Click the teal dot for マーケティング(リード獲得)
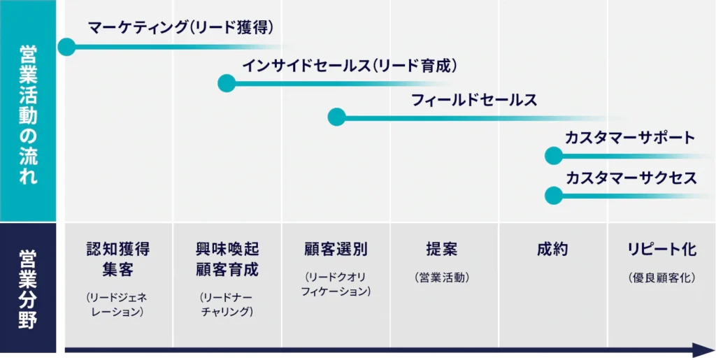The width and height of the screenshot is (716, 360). tap(66, 47)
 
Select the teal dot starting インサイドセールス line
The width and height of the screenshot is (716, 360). tap(227, 83)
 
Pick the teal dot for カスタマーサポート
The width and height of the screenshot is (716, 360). tap(554, 156)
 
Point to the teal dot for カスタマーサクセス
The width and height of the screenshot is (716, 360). tap(554, 196)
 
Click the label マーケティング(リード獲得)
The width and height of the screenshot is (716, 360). tap(181, 28)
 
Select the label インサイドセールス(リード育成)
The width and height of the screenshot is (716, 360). tap(350, 66)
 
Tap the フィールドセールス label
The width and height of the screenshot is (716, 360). tap(474, 101)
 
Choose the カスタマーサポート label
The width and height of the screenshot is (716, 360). tap(630, 137)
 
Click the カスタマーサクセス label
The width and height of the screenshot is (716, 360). tap(631, 178)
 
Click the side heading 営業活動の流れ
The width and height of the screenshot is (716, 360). tap(28, 114)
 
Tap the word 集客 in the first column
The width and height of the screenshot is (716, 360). tap(118, 270)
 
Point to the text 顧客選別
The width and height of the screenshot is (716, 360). tap(336, 250)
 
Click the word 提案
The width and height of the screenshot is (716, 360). tap(442, 250)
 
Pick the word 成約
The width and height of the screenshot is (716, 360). tap(552, 250)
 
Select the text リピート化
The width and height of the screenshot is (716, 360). tap(662, 250)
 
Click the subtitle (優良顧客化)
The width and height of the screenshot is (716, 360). tap(662, 278)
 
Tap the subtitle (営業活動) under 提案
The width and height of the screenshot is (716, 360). tap(442, 278)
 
